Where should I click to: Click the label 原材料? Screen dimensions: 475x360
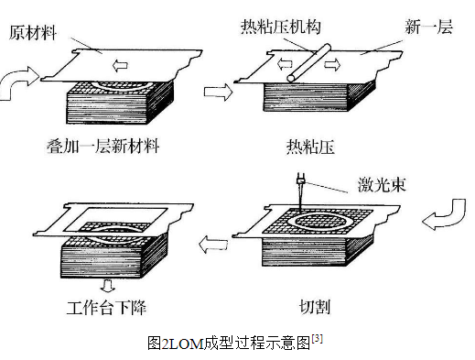pos(33,33)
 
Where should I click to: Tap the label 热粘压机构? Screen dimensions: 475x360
pos(281,27)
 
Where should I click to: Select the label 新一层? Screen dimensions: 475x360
pos(428,27)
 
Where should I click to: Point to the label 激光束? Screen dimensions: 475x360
pos(382,185)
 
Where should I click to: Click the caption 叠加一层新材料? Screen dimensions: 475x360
pos(103,146)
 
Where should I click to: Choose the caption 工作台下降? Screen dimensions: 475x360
pos(106,308)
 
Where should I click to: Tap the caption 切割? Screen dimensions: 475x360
pos(315,307)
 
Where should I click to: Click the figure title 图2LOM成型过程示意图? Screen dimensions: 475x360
pos(229,344)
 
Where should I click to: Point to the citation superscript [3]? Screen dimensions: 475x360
pos(317,338)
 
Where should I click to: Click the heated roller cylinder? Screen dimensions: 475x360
pos(308,63)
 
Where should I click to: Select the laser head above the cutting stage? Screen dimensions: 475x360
pos(300,180)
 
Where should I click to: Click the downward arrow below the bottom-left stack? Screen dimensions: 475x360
pos(108,286)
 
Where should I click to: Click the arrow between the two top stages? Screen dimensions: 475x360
pos(218,92)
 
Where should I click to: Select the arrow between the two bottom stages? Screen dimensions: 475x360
pos(213,244)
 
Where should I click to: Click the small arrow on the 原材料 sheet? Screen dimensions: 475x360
pos(120,65)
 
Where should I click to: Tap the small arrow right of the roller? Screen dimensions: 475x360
pos(332,64)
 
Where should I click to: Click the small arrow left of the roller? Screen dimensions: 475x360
pos(285,64)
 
